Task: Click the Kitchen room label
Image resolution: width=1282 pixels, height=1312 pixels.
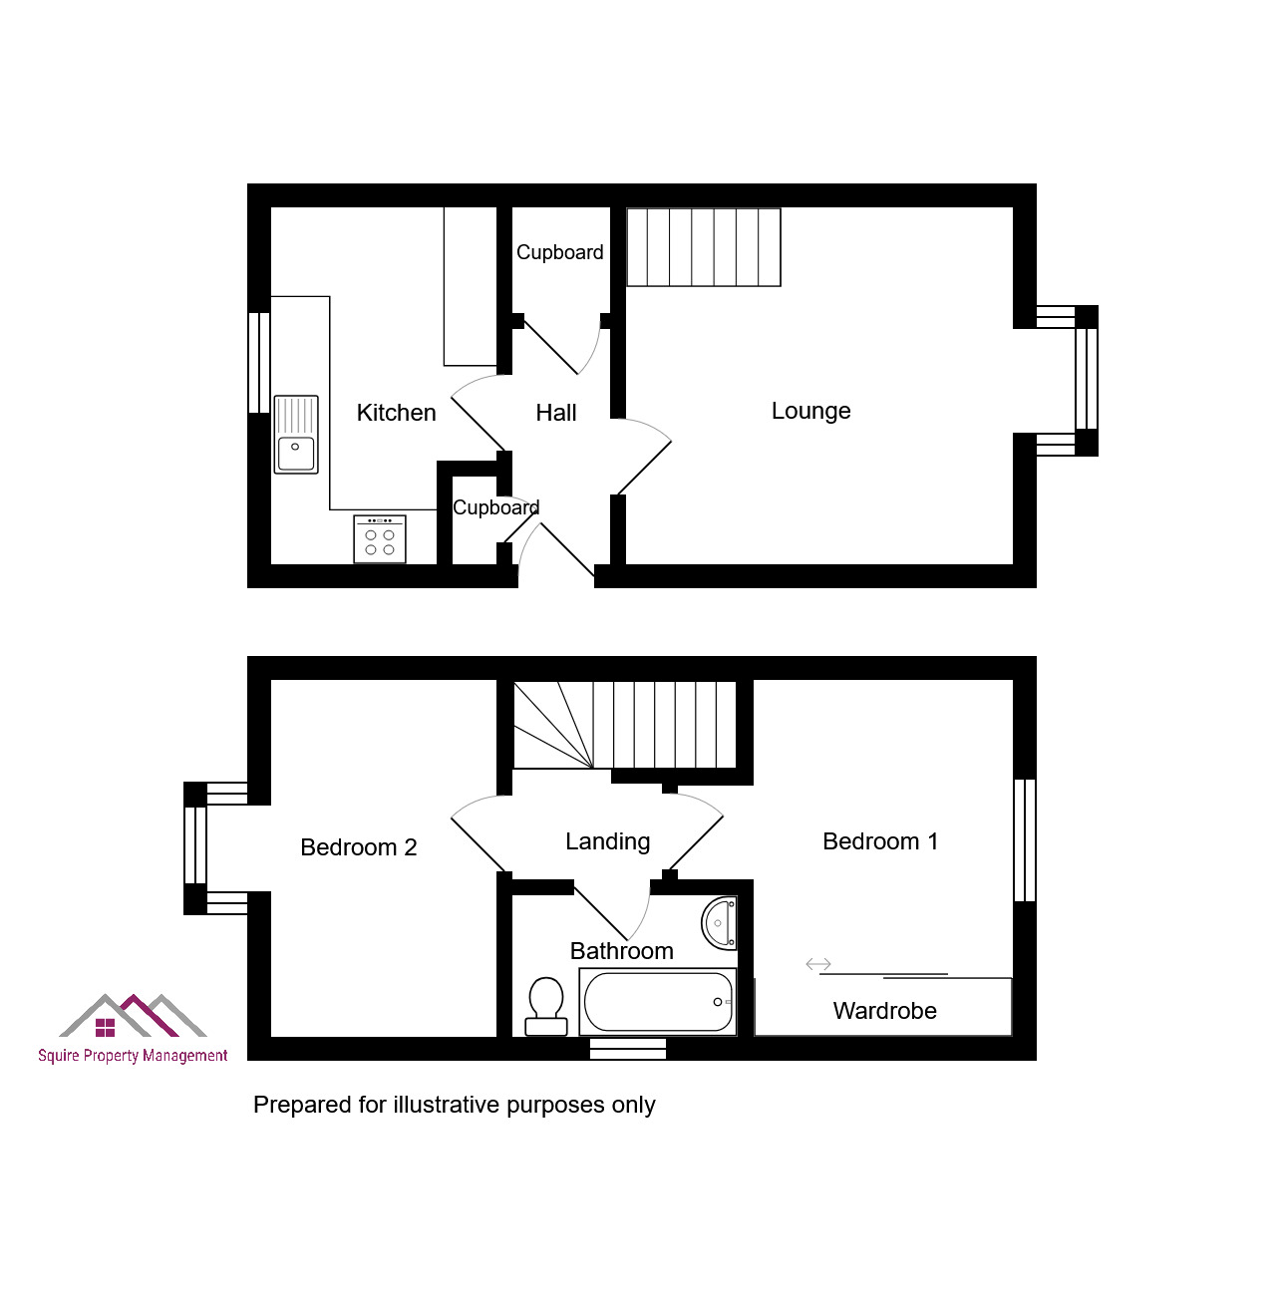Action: [x=396, y=413]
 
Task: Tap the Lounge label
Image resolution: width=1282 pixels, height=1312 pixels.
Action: [x=810, y=412]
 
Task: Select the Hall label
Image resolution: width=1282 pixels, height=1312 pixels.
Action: [x=556, y=413]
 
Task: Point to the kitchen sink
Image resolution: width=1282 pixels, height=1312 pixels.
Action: [x=296, y=435]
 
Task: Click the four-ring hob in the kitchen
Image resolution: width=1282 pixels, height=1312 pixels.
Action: [x=380, y=538]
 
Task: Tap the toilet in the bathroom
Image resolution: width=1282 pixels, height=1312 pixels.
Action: [x=546, y=1006]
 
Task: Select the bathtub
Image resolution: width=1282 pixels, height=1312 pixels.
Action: [x=657, y=1002]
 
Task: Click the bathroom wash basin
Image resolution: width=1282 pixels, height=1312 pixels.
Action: [x=719, y=923]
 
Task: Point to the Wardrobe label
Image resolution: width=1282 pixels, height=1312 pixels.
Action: [x=884, y=1011]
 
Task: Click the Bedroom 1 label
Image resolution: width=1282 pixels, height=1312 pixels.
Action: [x=880, y=841]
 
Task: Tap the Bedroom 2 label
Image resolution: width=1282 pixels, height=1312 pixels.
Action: [x=359, y=846]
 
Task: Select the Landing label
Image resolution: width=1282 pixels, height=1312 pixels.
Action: [x=607, y=842]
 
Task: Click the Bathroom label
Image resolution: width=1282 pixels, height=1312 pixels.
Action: [x=621, y=951]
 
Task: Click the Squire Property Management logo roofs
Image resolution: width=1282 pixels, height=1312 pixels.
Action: [x=133, y=1015]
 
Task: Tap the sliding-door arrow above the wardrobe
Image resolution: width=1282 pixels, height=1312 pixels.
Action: [x=818, y=964]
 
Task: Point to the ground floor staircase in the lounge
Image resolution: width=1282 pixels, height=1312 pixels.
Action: [x=704, y=247]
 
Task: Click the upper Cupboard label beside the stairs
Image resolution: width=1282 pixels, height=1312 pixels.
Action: [x=559, y=253]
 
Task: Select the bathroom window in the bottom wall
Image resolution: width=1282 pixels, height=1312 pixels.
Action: [x=627, y=1049]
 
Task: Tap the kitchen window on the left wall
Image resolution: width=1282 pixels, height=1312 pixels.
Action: [x=259, y=363]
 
